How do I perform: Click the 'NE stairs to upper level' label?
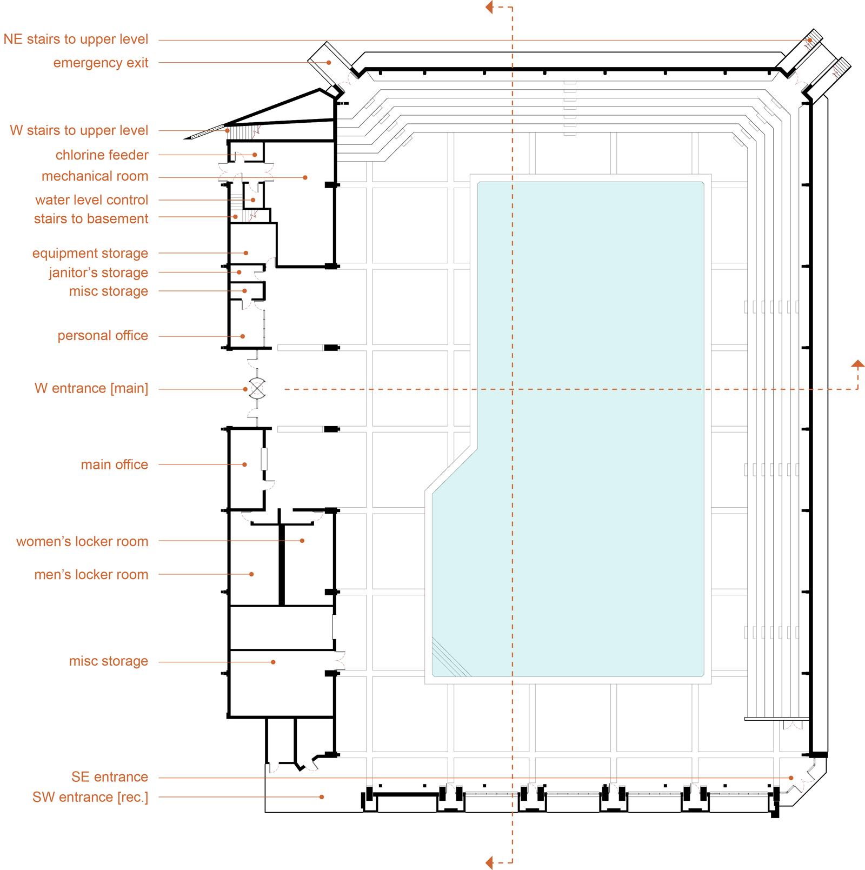point(76,39)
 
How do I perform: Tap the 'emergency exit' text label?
point(101,63)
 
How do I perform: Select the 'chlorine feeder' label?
point(102,155)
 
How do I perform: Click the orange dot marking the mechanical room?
point(305,177)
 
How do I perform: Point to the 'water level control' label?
point(91,200)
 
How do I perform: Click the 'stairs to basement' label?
point(91,218)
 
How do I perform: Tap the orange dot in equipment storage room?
point(246,253)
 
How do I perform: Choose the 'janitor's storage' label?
point(98,273)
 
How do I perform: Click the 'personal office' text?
point(103,336)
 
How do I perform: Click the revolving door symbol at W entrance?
point(257,389)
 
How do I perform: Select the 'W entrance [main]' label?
point(91,388)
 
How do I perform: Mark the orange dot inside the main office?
point(245,464)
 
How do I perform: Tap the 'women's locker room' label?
point(82,541)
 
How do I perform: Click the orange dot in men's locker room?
point(251,574)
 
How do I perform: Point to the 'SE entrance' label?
point(110,777)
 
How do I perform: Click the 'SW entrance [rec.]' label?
point(90,797)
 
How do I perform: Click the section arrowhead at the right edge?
point(857,364)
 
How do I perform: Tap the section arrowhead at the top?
point(489,8)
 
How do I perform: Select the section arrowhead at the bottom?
point(489,862)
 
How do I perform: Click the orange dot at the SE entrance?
point(791,778)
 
